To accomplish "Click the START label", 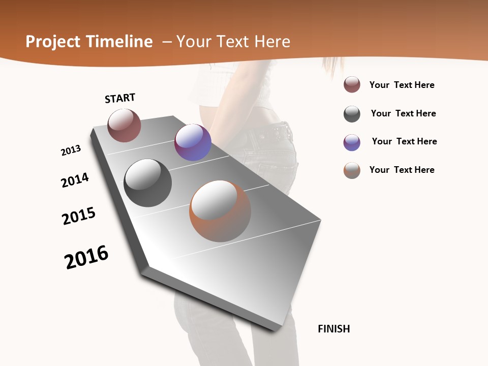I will (120, 98).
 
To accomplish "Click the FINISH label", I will (333, 329).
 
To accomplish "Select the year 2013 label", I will (71, 150).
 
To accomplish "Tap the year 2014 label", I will (75, 180).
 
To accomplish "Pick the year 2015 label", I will (79, 216).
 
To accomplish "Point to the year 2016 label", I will (86, 257).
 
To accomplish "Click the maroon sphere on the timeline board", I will (124, 126).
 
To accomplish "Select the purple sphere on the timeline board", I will (193, 142).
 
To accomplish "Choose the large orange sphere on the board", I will (220, 211).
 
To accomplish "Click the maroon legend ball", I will (352, 85).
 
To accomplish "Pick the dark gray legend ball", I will (352, 114).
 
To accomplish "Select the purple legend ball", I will (352, 142).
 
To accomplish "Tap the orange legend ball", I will (352, 170).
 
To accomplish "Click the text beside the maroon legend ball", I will (402, 85).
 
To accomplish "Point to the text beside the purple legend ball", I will (404, 141).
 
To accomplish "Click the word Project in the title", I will (53, 42).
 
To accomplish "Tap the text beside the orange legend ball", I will (402, 170).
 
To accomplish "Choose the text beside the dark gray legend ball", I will (403, 113).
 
